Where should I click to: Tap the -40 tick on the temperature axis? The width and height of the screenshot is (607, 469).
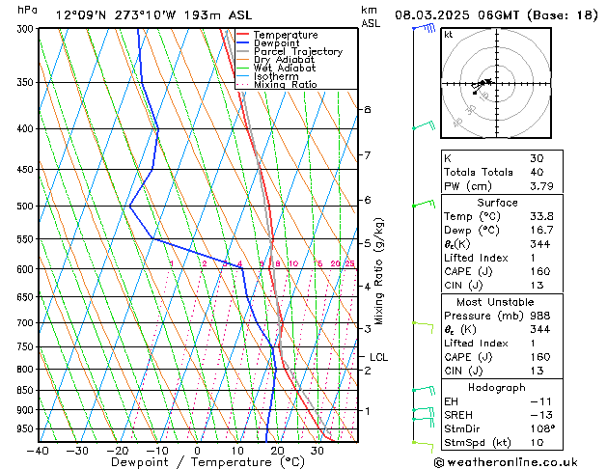tap(39, 450)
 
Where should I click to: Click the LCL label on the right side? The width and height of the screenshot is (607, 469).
tap(378, 357)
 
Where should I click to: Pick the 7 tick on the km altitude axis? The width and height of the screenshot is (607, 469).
tap(367, 154)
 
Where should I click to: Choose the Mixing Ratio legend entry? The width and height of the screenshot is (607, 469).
tap(285, 85)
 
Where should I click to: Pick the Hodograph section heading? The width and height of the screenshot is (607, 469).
tap(498, 387)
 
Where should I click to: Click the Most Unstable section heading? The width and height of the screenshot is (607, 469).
tap(498, 302)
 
